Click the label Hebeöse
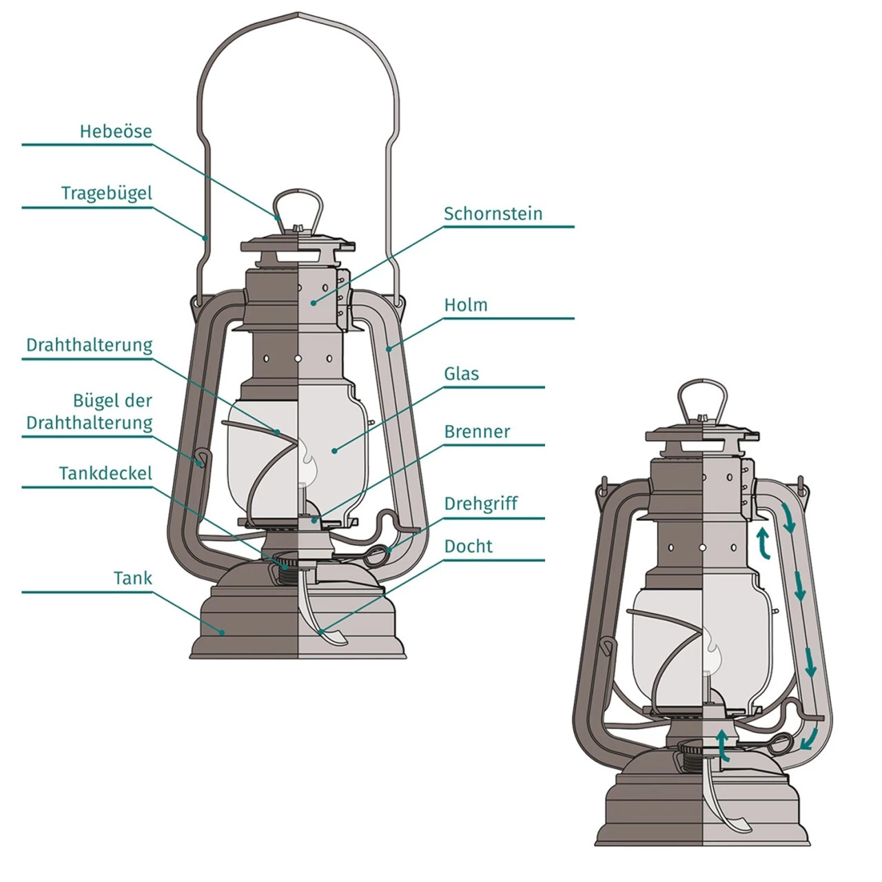(115, 131)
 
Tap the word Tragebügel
(106, 194)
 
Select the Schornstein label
(493, 214)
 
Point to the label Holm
(466, 305)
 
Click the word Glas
(461, 373)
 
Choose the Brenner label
(477, 432)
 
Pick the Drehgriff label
(480, 504)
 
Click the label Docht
(469, 546)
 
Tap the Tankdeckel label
(105, 473)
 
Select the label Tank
(132, 578)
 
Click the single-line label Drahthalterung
(90, 345)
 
